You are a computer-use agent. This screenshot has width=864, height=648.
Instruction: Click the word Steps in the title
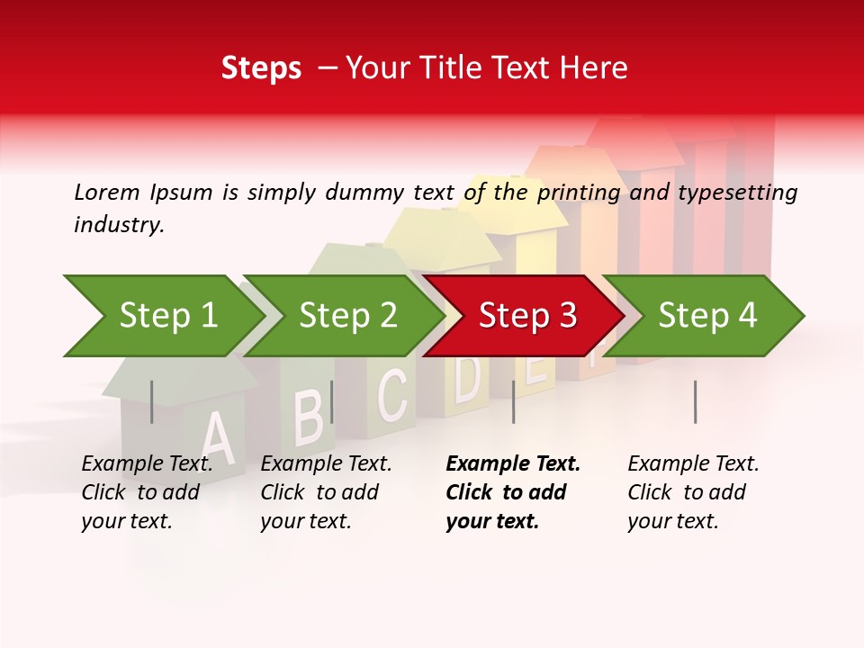click(261, 67)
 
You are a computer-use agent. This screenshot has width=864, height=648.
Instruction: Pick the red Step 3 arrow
click(527, 316)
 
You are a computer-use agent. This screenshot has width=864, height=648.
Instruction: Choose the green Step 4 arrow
click(707, 316)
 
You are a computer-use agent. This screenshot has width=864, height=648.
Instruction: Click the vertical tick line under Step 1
click(152, 401)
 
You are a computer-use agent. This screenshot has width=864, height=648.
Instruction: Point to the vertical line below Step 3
click(513, 401)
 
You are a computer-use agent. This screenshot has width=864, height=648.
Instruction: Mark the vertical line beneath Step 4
click(695, 401)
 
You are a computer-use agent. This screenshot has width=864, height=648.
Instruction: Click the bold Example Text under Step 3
click(513, 463)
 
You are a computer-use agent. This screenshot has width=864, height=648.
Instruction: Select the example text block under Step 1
click(147, 492)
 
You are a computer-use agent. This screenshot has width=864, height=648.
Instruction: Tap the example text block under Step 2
click(326, 492)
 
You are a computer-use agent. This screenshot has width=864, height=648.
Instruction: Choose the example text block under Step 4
click(693, 492)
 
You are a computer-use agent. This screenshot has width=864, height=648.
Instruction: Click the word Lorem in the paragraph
click(107, 192)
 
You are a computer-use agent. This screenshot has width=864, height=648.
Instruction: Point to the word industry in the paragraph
click(119, 224)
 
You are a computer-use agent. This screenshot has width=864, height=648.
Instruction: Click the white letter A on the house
click(216, 437)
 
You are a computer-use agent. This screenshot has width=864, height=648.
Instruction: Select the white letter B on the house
click(309, 416)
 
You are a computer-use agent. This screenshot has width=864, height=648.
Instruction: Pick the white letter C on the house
click(392, 394)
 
